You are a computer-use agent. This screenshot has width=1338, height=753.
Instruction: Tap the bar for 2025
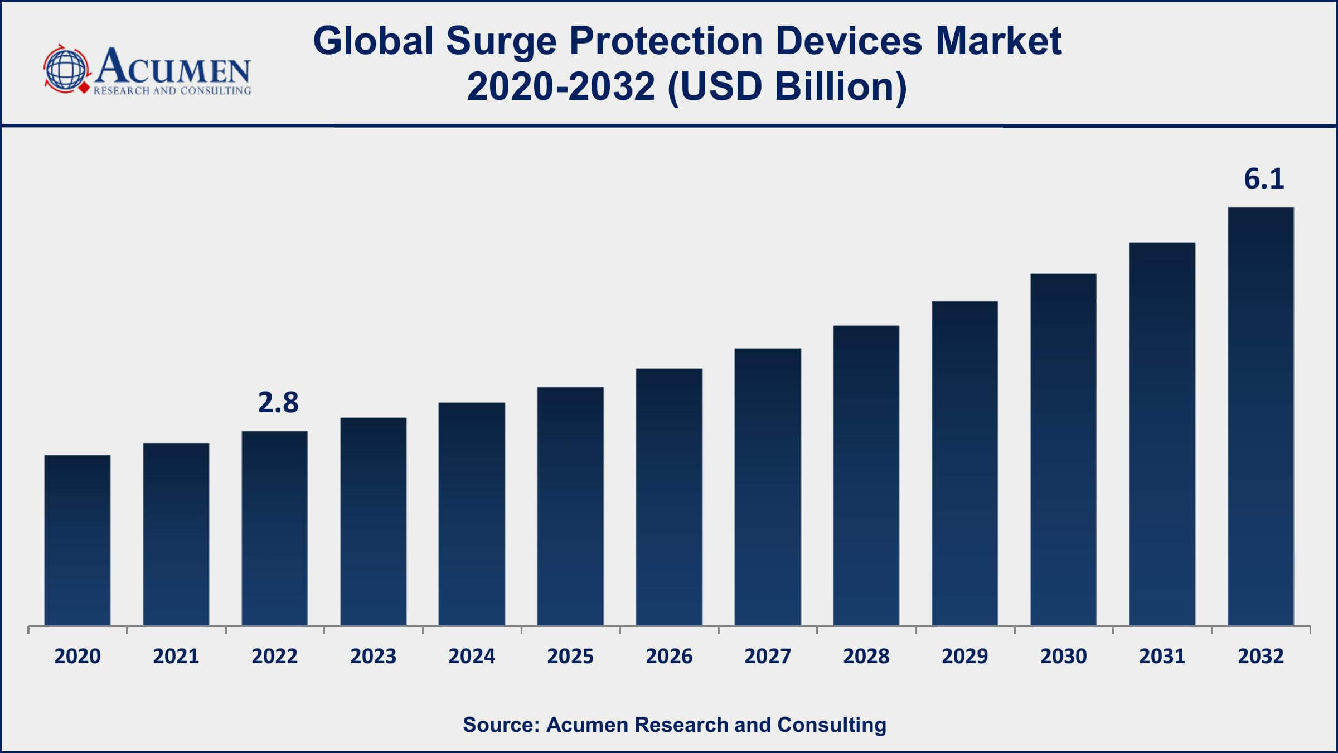pos(570,506)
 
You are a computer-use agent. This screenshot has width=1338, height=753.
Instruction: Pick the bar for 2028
pos(866,475)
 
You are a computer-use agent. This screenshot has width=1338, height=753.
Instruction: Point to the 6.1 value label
pos(1264,179)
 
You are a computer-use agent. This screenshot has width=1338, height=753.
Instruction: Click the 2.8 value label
pos(278,403)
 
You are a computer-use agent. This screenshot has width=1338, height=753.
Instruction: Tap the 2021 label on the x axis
pos(176,657)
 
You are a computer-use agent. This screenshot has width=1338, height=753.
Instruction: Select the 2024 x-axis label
pos(472,657)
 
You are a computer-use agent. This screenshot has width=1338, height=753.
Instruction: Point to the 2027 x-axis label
pos(768,657)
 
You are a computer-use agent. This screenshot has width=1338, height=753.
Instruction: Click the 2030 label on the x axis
pos(1063,657)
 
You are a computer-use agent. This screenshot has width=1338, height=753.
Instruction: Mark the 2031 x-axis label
pos(1162,657)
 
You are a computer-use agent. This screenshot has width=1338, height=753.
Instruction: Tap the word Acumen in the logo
pos(173,67)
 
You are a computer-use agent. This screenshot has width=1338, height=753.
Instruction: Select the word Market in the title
pos(998,41)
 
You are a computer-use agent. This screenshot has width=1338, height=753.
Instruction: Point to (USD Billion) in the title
pos(787,87)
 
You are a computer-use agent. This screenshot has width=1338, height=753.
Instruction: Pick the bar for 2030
pos(1063,450)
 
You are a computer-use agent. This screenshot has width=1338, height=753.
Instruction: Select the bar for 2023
pos(373,522)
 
